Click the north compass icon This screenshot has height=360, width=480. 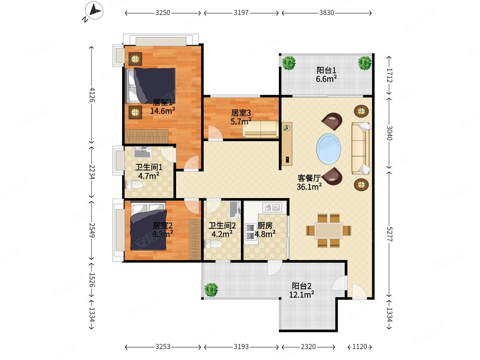point(94,11)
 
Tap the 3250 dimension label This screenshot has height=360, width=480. point(163,13)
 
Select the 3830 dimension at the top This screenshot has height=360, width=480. point(326,13)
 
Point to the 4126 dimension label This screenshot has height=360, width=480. point(92,95)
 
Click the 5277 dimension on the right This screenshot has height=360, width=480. point(389,234)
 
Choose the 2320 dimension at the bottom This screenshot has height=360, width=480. point(308,347)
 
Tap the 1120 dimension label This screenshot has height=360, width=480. point(360,347)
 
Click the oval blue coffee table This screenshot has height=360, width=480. point(328,149)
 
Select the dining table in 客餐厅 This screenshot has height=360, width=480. point(328,231)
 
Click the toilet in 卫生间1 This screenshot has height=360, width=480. point(134,184)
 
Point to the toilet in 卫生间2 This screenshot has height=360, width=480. point(212,244)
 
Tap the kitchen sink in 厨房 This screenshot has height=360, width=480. point(272,207)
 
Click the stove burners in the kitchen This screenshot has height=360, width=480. point(250,232)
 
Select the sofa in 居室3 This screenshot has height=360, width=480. point(260,129)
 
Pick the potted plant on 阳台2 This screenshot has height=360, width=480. point(211,290)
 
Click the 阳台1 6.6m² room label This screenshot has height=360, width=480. point(326,75)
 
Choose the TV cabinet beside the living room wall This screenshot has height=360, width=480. point(287,144)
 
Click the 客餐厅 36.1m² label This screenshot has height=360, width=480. point(309,182)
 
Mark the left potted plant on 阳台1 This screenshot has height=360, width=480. point(289,63)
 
